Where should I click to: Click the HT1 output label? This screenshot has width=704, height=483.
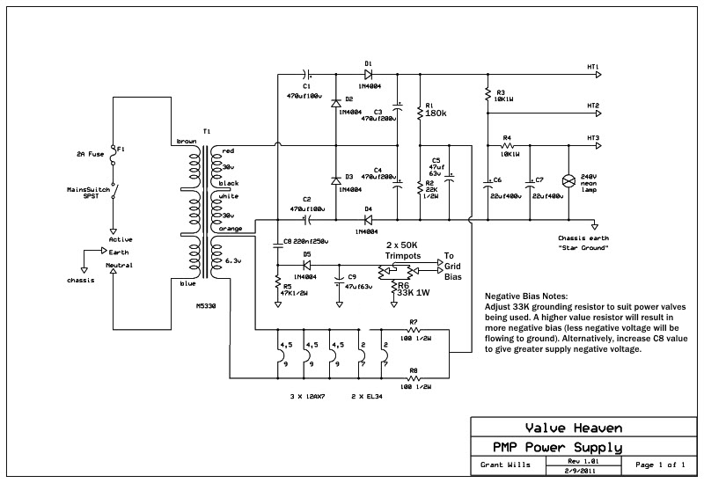592,67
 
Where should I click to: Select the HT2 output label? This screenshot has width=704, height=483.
592,106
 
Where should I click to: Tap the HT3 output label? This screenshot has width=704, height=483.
592,138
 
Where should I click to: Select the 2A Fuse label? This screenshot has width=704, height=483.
91,154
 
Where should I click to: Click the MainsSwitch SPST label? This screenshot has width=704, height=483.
88,193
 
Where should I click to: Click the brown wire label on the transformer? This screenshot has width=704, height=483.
186,141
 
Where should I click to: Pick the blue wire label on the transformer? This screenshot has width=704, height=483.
187,282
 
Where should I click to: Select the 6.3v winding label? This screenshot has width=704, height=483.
232,260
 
